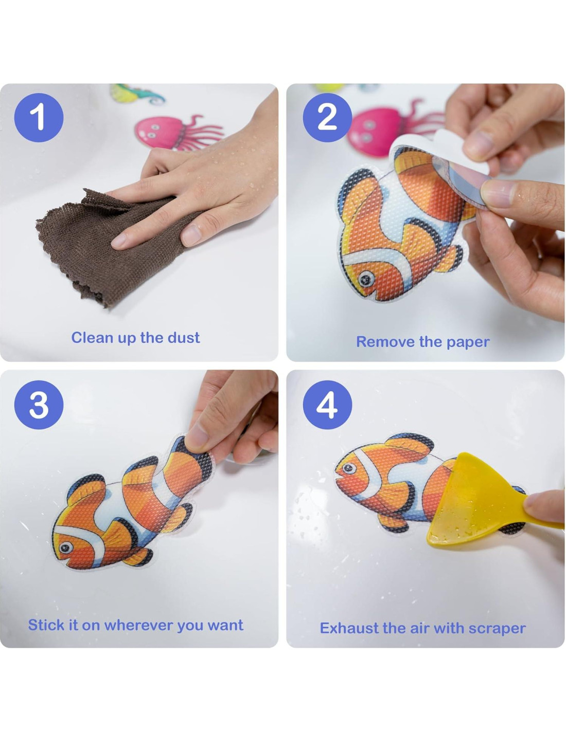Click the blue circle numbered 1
(x=39, y=117)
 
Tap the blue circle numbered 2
(x=327, y=117)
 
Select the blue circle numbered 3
(x=39, y=405)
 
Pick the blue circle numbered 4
(x=327, y=405)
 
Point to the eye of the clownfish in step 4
(x=349, y=468)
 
